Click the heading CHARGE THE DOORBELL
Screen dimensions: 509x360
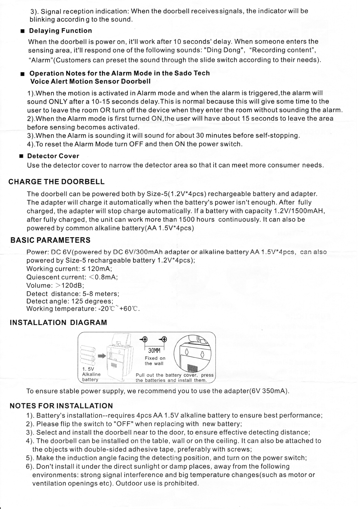[x=56, y=182]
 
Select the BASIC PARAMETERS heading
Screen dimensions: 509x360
[x=50, y=241]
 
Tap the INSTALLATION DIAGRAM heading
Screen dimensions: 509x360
[x=58, y=323]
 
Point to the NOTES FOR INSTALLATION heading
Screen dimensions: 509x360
[x=61, y=406]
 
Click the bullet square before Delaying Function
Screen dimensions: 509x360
[x=22, y=31]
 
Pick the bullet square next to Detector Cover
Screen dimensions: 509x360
[x=21, y=156]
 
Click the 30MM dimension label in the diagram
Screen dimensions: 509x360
[x=154, y=350]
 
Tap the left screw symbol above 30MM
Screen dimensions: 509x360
[x=144, y=339]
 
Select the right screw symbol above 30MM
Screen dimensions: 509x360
[x=164, y=339]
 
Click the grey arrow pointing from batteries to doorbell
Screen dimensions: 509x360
[x=101, y=356]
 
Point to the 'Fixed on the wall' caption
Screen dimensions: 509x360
[x=155, y=361]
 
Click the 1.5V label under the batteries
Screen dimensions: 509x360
[x=88, y=369]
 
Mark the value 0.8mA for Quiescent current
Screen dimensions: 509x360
[x=106, y=277]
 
